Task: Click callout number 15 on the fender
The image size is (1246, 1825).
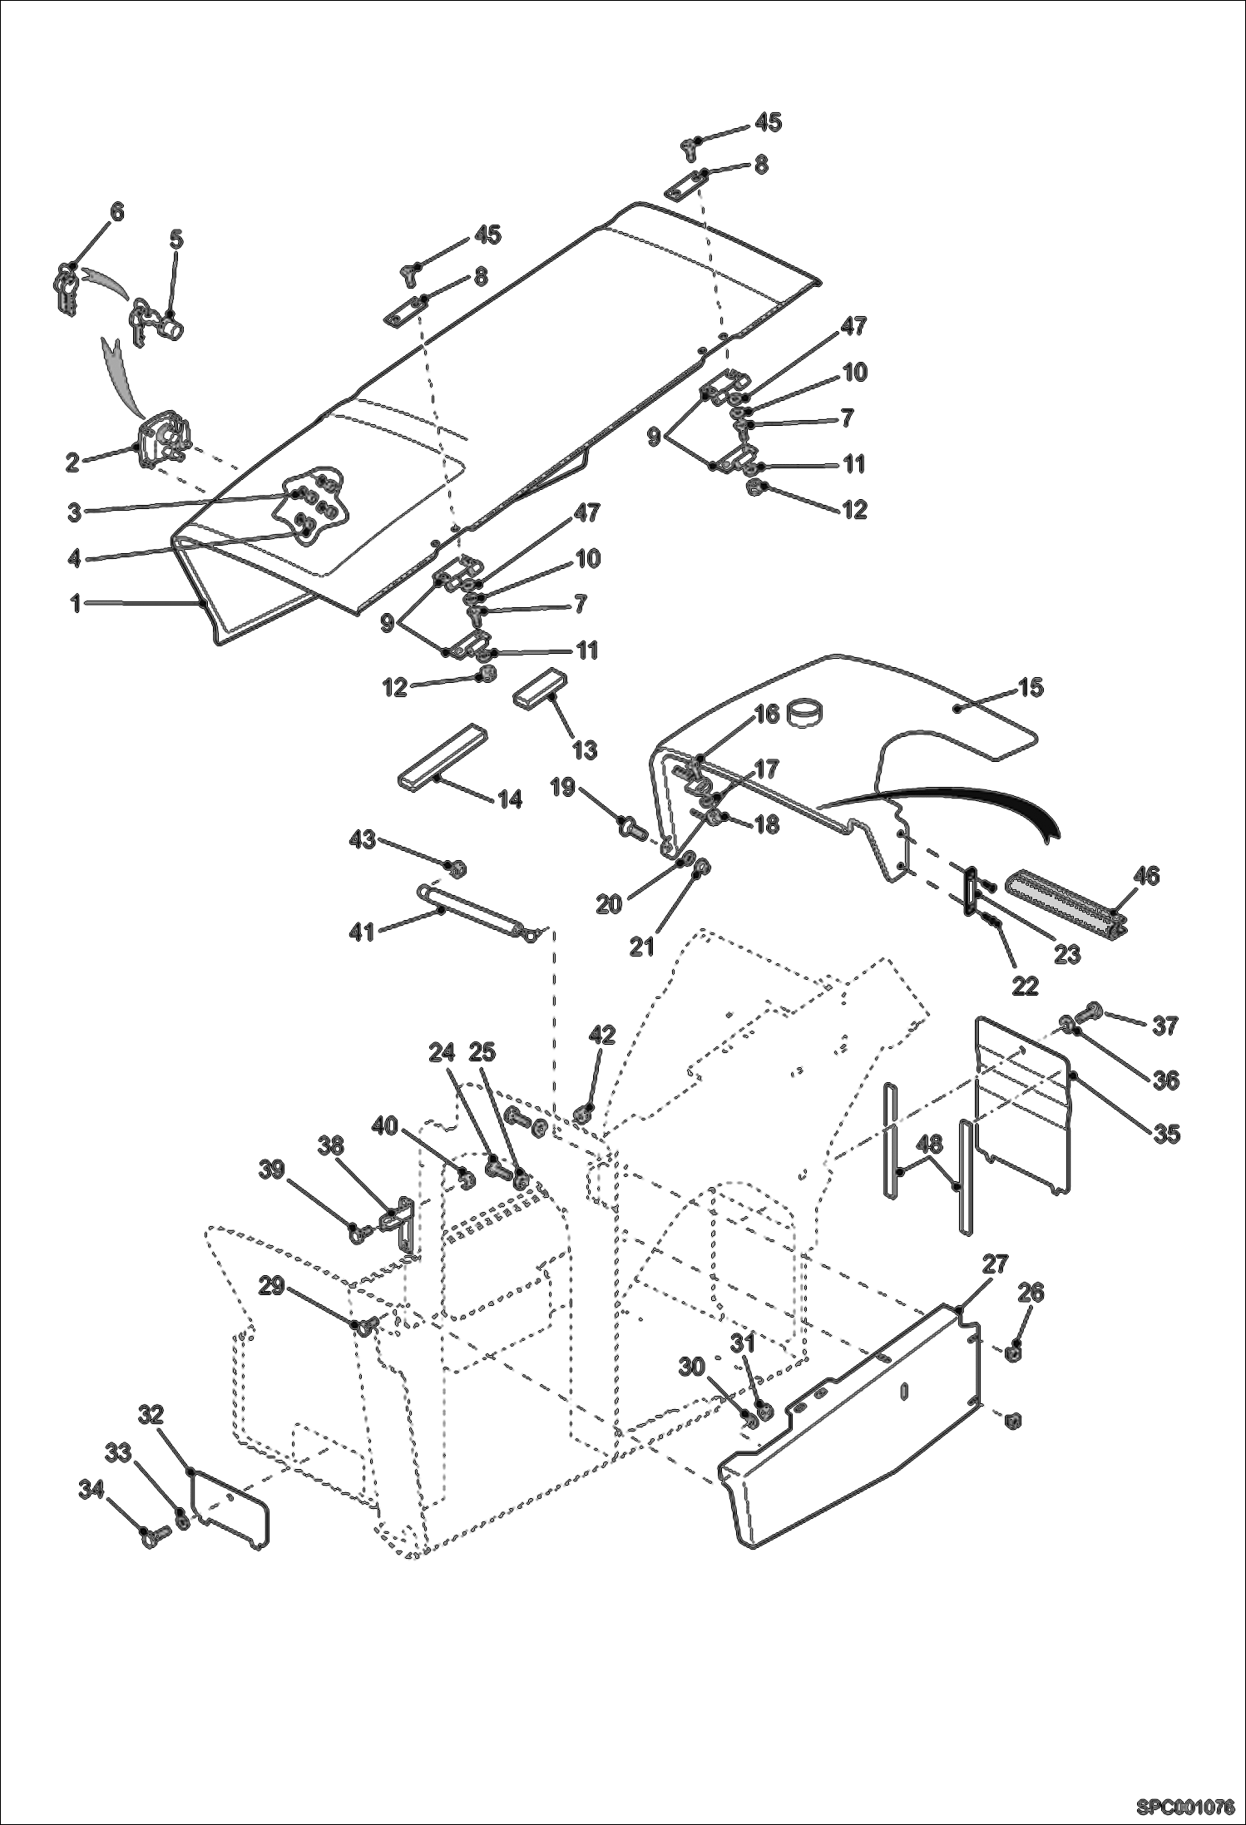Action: point(1031,688)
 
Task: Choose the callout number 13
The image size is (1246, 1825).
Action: point(585,749)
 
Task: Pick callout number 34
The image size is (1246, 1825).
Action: point(91,1490)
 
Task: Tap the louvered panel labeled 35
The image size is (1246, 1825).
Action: point(1023,1106)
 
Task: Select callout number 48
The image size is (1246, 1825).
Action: point(930,1145)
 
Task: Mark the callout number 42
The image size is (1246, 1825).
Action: point(601,1035)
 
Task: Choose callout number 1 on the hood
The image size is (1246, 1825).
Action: point(75,604)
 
